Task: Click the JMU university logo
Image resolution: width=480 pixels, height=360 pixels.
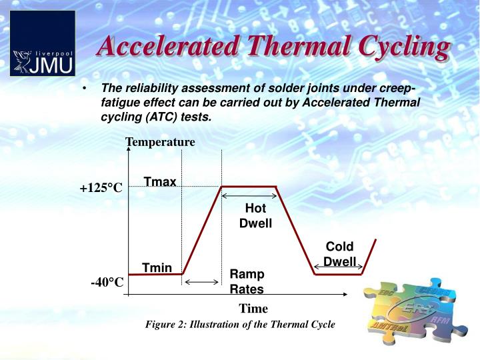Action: click(43, 43)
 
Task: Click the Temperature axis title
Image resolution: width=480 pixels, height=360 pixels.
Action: click(160, 142)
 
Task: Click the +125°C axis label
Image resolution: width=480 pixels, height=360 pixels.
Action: click(101, 188)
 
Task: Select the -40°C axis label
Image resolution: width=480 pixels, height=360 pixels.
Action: click(107, 283)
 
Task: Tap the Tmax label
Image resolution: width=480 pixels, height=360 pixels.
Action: click(160, 182)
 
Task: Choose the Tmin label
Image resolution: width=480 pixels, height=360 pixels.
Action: click(157, 268)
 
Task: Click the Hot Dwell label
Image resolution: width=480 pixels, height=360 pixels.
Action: click(255, 216)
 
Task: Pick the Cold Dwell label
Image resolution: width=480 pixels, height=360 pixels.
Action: click(339, 254)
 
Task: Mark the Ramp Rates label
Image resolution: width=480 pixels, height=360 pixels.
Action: click(247, 281)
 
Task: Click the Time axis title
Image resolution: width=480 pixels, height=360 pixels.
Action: click(253, 309)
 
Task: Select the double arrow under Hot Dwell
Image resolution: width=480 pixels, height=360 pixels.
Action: click(249, 196)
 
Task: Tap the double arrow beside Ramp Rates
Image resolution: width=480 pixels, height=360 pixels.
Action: click(201, 283)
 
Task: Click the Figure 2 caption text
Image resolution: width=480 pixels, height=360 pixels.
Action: click(241, 325)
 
